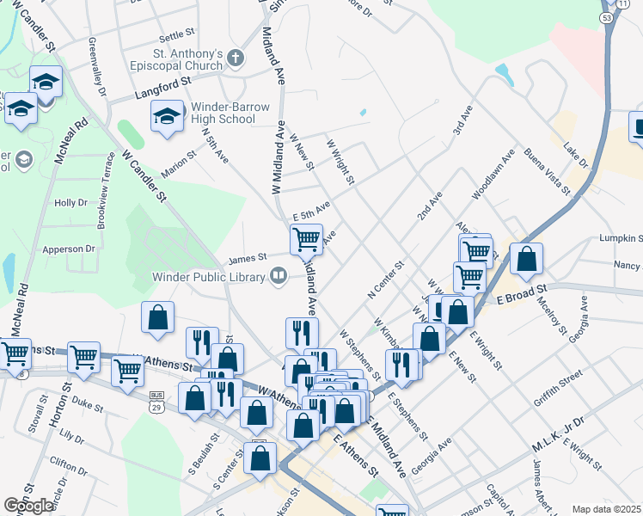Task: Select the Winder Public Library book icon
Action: (279, 276)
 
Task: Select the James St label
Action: (248, 256)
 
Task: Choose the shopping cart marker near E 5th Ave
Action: (306, 238)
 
